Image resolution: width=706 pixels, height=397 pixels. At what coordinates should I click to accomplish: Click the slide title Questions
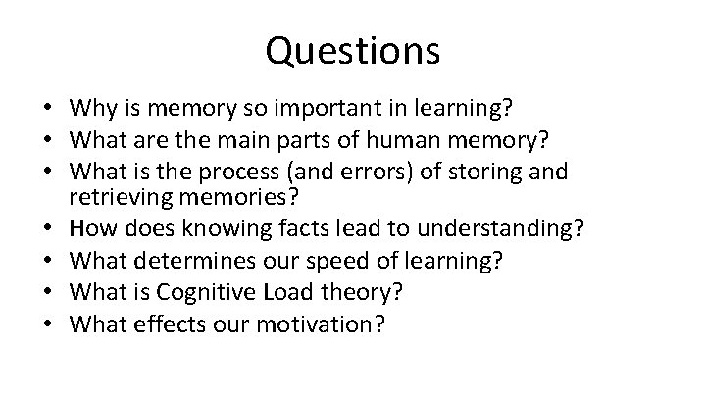click(352, 50)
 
